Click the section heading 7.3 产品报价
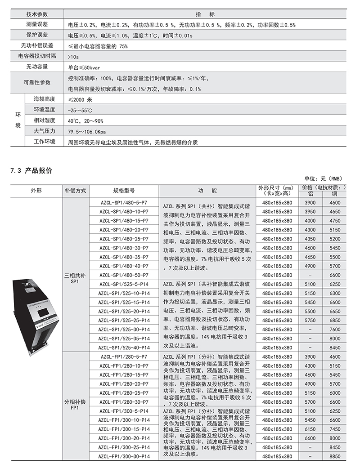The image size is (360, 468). (x=31, y=170)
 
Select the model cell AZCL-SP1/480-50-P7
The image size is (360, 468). (x=124, y=275)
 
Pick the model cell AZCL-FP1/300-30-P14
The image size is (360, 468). (x=124, y=456)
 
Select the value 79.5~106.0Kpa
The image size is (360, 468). (x=86, y=132)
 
